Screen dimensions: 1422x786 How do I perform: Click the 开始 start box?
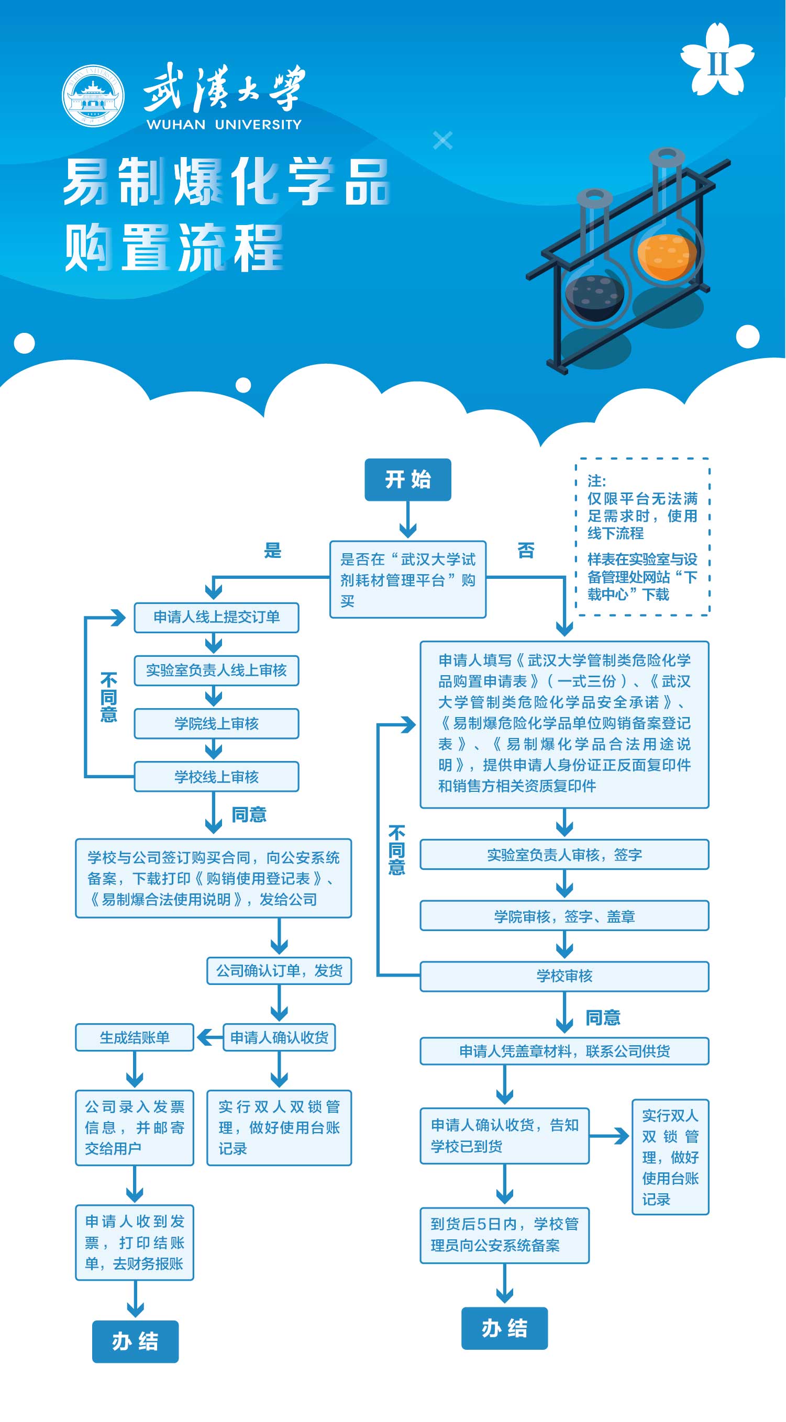point(407,479)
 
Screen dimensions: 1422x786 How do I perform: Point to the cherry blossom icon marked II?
point(717,60)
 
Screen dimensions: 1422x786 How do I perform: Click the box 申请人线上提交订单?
point(216,617)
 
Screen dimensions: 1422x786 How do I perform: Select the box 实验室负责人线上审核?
point(216,670)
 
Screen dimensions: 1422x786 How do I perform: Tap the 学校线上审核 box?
point(216,777)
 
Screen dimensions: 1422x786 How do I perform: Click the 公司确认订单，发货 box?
point(279,970)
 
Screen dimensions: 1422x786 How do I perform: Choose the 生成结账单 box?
point(135,1038)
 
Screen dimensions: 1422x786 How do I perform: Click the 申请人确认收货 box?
point(279,1038)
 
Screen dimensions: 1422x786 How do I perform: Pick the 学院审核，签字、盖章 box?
point(564,917)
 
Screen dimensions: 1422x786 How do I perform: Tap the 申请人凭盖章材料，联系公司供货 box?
point(564,1051)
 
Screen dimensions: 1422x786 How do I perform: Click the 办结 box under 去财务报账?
point(135,1341)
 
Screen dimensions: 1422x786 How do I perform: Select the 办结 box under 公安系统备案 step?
point(504,1328)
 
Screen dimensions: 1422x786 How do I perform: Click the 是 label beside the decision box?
point(273,551)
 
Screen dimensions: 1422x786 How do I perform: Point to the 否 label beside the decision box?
point(526,551)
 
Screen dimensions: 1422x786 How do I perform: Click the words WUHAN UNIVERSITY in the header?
point(224,125)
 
